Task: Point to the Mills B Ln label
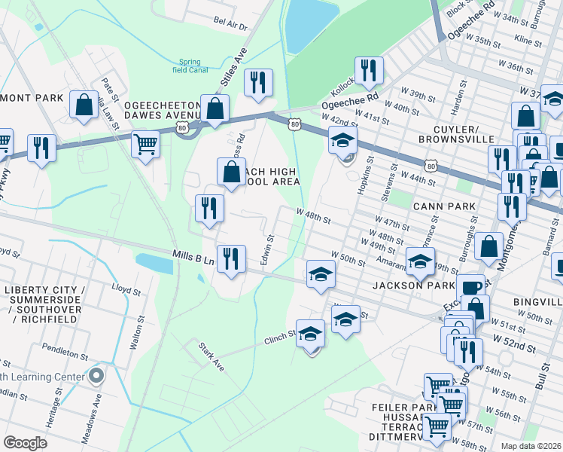coord(193,260)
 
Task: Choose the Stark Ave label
coord(212,357)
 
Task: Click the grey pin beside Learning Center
coord(96,375)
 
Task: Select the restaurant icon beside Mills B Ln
coord(231,258)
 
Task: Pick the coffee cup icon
coord(470,287)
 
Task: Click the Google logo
coord(26,443)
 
